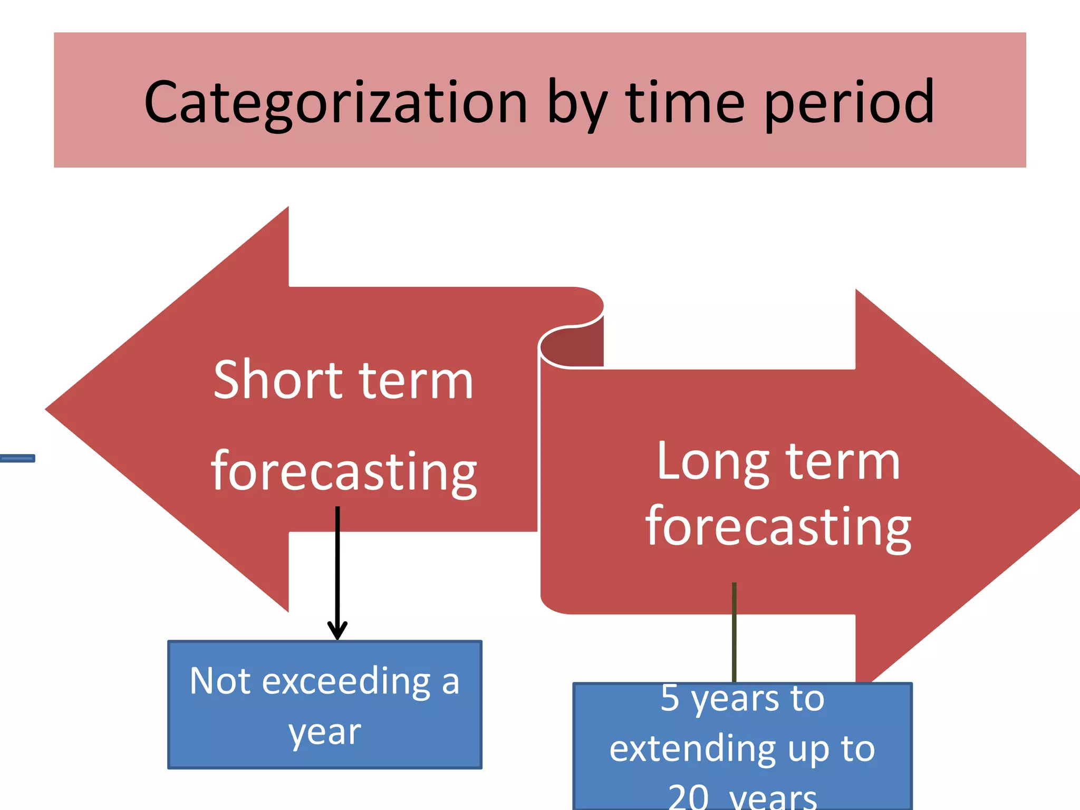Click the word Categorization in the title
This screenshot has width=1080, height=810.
[335, 103]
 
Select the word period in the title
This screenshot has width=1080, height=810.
[849, 103]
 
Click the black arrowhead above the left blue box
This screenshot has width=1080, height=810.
[337, 631]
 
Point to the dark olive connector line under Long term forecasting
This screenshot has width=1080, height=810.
[734, 633]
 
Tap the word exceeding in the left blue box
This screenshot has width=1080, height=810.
[346, 682]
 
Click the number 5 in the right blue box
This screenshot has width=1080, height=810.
[670, 698]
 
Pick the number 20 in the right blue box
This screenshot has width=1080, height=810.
[688, 797]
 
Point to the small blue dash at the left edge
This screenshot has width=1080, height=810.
[17, 458]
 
